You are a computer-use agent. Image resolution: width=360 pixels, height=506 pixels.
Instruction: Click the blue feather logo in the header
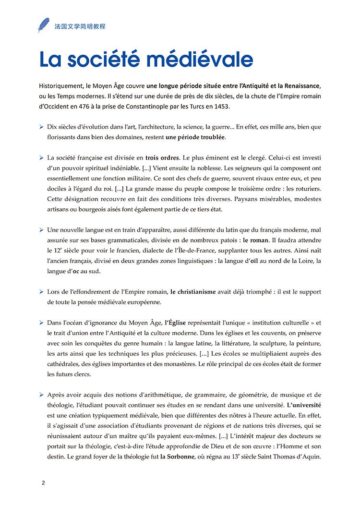pyautogui.click(x=44, y=25)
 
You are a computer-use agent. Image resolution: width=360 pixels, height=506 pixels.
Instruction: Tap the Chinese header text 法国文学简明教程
pyautogui.click(x=79, y=26)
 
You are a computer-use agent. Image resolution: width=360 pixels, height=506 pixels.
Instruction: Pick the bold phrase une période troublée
pyautogui.click(x=195, y=137)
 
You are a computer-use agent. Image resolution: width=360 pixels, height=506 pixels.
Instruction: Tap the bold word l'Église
pyautogui.click(x=175, y=323)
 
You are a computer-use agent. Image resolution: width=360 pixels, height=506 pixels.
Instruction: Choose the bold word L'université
pyautogui.click(x=304, y=405)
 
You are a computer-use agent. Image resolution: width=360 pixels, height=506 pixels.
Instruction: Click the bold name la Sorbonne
pyautogui.click(x=178, y=457)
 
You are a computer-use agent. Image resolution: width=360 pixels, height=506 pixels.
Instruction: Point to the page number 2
pyautogui.click(x=44, y=483)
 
